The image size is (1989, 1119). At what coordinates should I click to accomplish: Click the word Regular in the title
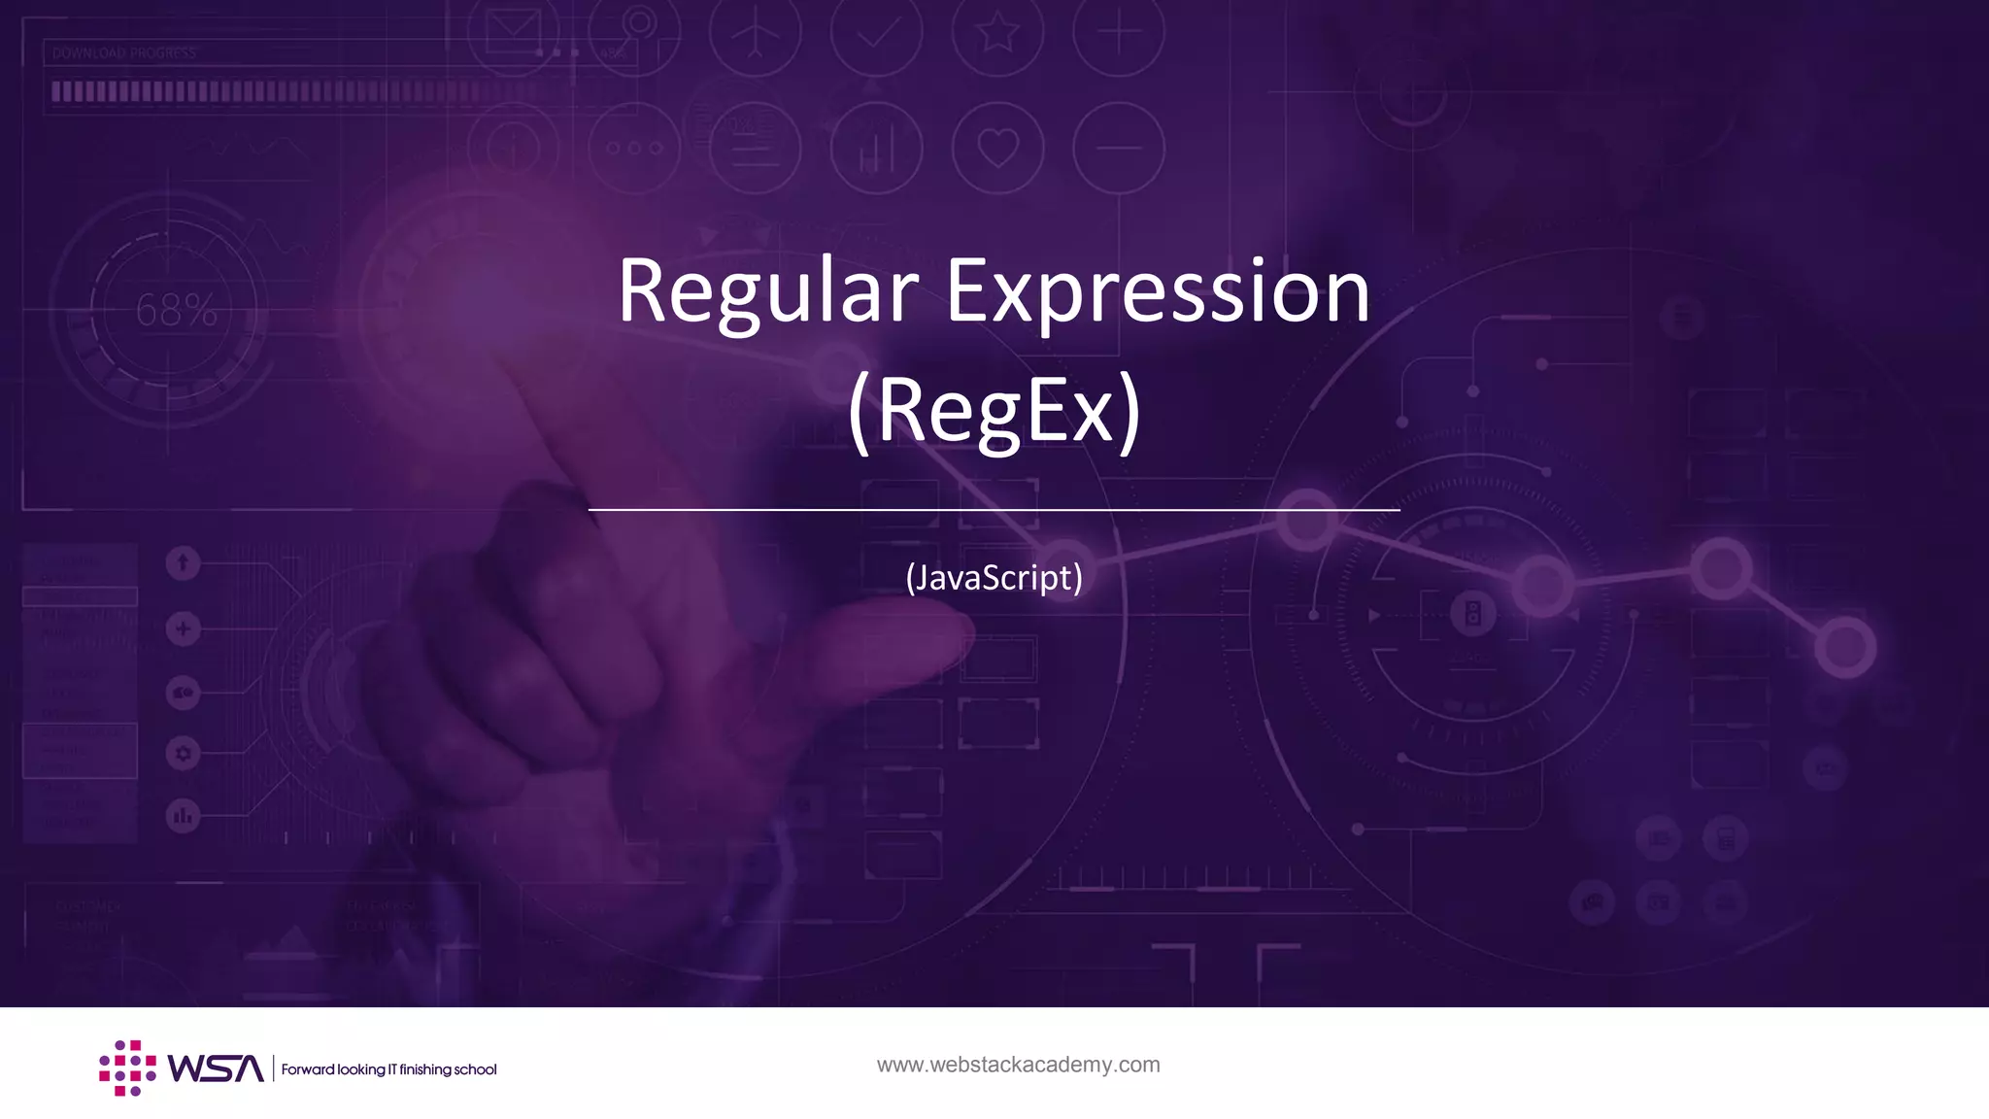pyautogui.click(x=767, y=291)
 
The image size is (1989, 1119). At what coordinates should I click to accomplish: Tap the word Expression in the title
pyautogui.click(x=1158, y=291)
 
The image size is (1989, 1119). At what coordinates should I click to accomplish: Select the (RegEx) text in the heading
pyautogui.click(x=994, y=411)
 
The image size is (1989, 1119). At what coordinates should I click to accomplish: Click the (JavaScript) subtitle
pyautogui.click(x=994, y=578)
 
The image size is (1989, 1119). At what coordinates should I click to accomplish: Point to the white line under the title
pyautogui.click(x=994, y=509)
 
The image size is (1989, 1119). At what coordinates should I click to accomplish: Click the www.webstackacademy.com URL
pyautogui.click(x=1018, y=1065)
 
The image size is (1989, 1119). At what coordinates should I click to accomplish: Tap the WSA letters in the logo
pyautogui.click(x=216, y=1068)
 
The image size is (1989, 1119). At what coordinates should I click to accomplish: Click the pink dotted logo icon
pyautogui.click(x=127, y=1068)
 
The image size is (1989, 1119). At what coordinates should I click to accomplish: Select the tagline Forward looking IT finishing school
pyautogui.click(x=388, y=1069)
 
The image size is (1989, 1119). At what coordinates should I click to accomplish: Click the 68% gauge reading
pyautogui.click(x=176, y=310)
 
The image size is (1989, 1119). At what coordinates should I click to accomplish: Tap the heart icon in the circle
pyautogui.click(x=997, y=148)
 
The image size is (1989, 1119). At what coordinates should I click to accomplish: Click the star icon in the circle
pyautogui.click(x=997, y=33)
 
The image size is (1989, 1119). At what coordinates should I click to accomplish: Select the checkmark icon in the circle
pyautogui.click(x=876, y=35)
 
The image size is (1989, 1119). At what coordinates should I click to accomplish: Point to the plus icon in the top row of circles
pyautogui.click(x=1119, y=33)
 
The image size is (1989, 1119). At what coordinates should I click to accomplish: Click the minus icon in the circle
pyautogui.click(x=1119, y=148)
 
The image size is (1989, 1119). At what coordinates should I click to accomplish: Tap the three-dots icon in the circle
pyautogui.click(x=634, y=149)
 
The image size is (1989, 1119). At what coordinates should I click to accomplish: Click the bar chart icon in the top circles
pyautogui.click(x=876, y=149)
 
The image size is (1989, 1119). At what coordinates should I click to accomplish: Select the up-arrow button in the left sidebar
pyautogui.click(x=183, y=563)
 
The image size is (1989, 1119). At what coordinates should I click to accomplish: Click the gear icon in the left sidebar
pyautogui.click(x=183, y=753)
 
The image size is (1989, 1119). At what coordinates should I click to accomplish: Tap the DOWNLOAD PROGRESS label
pyautogui.click(x=124, y=53)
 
